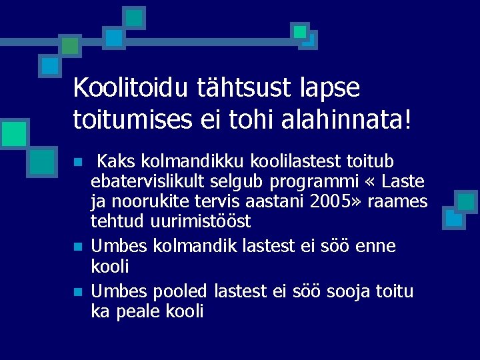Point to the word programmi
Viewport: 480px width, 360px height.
306,181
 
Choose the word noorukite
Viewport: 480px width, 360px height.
144,201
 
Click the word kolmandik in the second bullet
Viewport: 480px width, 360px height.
191,246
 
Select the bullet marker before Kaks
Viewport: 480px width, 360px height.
78,162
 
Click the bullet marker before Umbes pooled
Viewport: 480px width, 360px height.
78,292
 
